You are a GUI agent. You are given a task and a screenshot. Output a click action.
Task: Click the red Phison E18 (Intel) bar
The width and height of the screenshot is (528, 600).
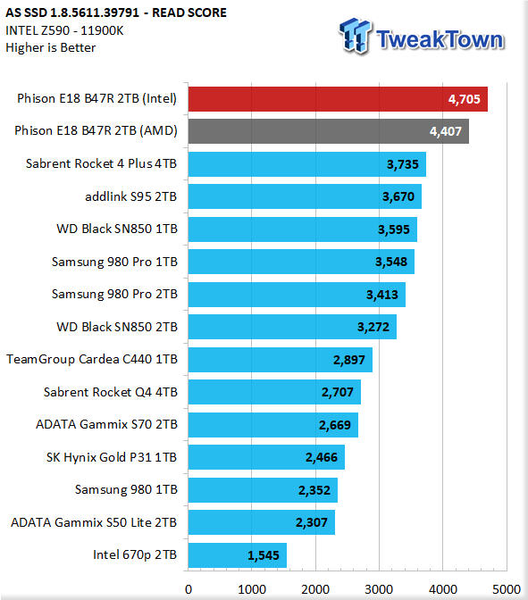tap(338, 99)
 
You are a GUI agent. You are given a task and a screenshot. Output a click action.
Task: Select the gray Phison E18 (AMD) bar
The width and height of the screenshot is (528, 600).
tap(329, 131)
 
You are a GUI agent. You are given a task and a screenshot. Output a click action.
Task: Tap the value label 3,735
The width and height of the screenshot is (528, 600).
tap(402, 164)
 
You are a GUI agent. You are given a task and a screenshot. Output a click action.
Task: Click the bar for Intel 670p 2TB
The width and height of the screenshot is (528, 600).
tap(238, 555)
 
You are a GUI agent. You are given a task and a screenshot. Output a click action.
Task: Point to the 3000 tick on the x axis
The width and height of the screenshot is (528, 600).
tap(379, 589)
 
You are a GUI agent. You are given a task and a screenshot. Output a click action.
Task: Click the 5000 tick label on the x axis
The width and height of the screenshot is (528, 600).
tap(507, 589)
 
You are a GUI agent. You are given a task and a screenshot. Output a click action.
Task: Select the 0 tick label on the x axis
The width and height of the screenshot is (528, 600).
tap(189, 589)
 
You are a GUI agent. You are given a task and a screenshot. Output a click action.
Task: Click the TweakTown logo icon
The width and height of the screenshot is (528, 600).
tap(355, 36)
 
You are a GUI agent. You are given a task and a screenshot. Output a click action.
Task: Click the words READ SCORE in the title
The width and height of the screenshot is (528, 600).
tap(189, 12)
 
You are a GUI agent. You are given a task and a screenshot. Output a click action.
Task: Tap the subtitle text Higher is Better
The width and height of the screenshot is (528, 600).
tap(51, 47)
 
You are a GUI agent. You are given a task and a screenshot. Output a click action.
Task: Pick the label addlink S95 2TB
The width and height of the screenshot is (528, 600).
tap(130, 196)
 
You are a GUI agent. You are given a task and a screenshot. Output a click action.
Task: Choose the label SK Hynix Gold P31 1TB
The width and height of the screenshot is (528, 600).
tap(112, 457)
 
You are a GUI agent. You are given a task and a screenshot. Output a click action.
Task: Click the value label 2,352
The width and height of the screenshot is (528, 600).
tap(314, 490)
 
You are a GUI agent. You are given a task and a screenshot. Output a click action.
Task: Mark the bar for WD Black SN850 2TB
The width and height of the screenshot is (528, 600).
tap(292, 327)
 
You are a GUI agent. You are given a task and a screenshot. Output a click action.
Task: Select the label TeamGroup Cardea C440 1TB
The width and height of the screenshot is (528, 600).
tap(92, 360)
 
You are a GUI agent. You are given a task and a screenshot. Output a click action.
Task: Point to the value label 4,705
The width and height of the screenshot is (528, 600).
tap(464, 99)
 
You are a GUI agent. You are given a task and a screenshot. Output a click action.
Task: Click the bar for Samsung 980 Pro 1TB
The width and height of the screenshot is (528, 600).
tap(301, 262)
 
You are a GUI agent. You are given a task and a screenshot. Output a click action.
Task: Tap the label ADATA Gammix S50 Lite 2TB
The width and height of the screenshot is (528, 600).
tap(94, 522)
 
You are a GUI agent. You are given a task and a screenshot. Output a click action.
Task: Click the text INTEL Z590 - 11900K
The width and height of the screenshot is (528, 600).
tap(64, 30)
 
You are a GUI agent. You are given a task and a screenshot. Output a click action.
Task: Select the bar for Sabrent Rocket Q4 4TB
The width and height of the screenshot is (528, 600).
tap(274, 392)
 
